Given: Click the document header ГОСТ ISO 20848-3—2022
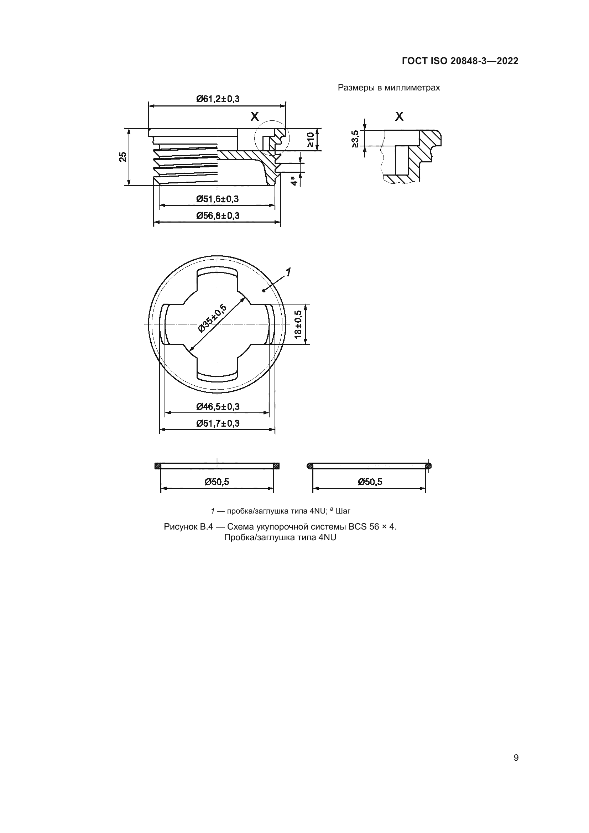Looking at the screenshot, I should point(460,61).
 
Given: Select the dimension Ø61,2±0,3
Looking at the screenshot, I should point(218,99).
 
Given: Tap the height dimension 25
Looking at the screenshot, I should point(123,157).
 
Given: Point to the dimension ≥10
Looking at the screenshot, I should point(311,139).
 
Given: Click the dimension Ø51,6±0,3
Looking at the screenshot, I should point(218,199).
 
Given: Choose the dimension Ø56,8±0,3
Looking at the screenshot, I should point(218,216).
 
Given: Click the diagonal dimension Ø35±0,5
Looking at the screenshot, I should point(213,318).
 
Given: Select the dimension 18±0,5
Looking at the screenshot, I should point(298,324).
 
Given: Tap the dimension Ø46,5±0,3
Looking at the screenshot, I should point(218,407).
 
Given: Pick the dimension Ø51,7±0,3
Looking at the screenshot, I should point(218,423).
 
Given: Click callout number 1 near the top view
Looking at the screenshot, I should point(288,272).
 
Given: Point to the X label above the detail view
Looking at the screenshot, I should point(399,116).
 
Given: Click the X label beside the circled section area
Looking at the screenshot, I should point(255,116).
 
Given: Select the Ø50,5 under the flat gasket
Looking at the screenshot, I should point(217,482).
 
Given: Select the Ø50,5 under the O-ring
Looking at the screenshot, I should point(370,482).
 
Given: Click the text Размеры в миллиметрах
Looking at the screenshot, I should point(389,88).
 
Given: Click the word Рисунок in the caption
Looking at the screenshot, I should point(180,527).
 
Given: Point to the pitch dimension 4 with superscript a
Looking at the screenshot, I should point(294,180).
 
